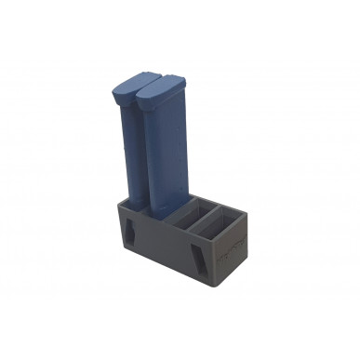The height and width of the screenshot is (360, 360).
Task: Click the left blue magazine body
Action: coord(129,140)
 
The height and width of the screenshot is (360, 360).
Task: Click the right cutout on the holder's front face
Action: coord(196,259)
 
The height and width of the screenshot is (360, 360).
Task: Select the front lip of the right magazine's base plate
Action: coord(154,93)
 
